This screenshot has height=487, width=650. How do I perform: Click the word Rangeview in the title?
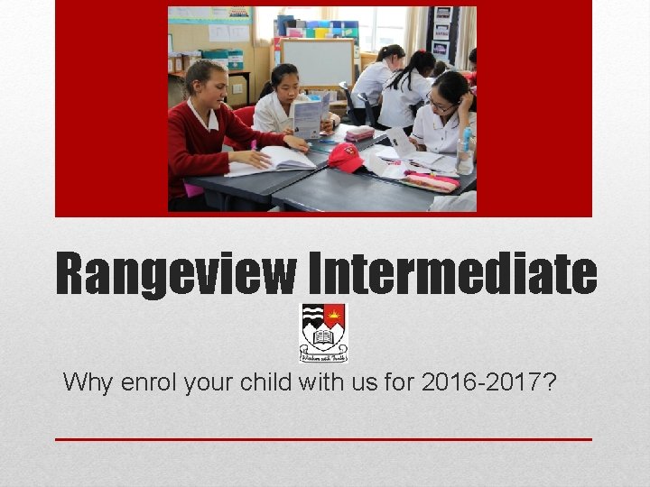point(175,274)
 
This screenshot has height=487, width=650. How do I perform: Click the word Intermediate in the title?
point(450,274)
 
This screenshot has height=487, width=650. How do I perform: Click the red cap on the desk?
point(346,157)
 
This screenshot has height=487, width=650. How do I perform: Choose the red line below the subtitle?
point(323,439)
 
